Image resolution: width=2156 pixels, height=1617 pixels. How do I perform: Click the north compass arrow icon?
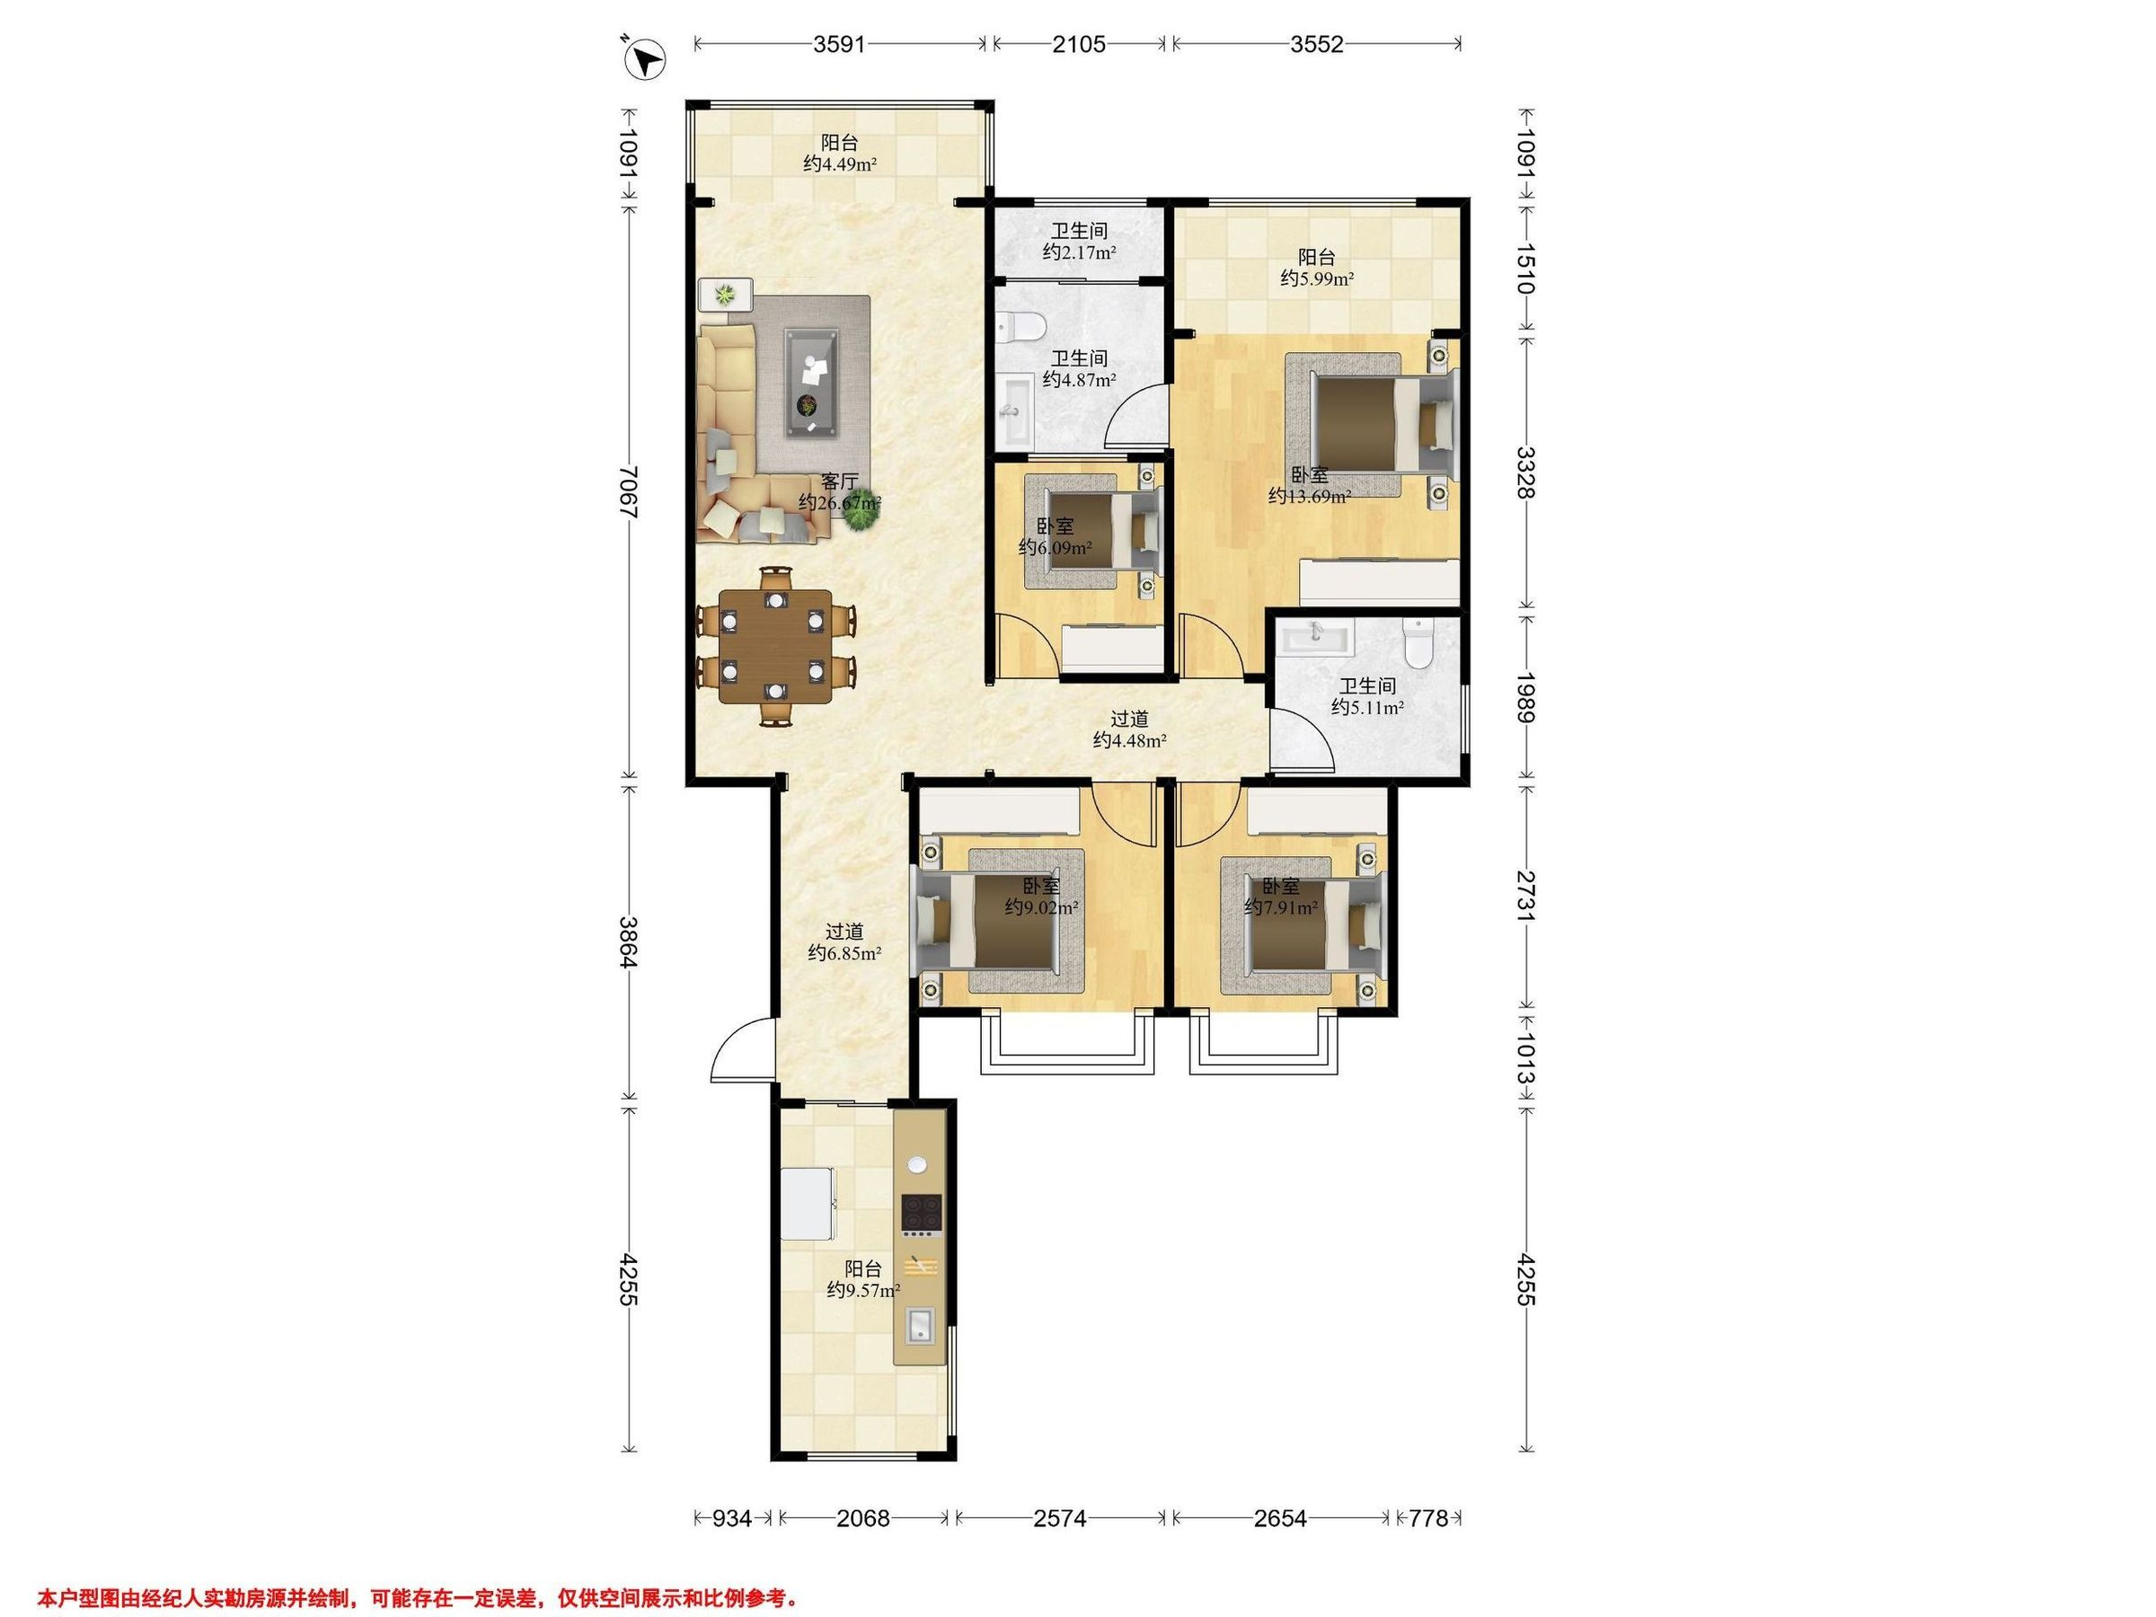tap(645, 59)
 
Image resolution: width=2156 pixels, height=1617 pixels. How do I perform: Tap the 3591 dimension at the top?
tap(839, 44)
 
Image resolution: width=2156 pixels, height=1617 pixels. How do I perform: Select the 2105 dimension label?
tap(1079, 44)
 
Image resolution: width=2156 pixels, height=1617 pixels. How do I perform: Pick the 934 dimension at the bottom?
tap(732, 1518)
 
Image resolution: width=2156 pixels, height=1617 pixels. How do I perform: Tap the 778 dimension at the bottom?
tap(1428, 1518)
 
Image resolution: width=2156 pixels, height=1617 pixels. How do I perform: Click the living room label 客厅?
tap(839, 482)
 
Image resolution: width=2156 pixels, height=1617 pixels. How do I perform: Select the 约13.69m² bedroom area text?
tap(1309, 497)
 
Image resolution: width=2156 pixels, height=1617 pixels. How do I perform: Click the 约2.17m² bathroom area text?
tap(1079, 252)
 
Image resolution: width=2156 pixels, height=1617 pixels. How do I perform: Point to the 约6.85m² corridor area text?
tap(845, 953)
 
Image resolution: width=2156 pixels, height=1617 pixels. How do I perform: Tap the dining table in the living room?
tap(776, 646)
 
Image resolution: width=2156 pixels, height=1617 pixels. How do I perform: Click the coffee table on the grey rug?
tap(812, 382)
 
